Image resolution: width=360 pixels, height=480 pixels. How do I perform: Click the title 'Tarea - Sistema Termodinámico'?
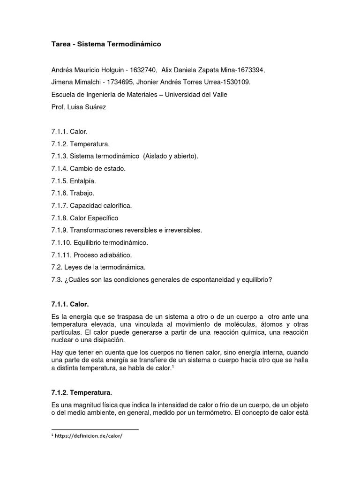click(106, 44)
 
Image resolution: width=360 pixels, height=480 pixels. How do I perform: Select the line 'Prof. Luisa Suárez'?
click(79, 107)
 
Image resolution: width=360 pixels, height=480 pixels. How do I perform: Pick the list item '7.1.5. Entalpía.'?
click(74, 181)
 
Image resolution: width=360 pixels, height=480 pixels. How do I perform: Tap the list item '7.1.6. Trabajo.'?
click(73, 193)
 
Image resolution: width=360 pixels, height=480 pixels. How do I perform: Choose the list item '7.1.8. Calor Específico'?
click(85, 218)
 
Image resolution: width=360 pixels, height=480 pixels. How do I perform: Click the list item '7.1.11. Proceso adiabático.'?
click(92, 255)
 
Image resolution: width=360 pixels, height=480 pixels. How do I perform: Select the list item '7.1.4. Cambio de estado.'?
click(89, 168)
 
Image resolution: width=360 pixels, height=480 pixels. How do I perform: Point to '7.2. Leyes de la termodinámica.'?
click(98, 267)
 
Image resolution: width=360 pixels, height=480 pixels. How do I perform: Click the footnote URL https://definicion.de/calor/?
click(89, 435)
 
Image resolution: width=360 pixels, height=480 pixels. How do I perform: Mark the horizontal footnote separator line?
click(95, 429)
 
